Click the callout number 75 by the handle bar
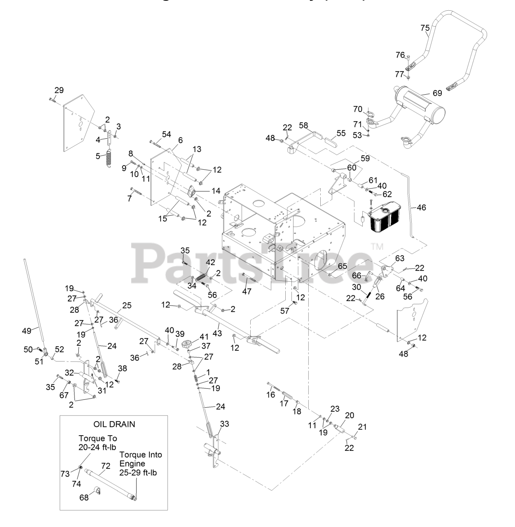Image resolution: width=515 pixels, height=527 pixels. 425,28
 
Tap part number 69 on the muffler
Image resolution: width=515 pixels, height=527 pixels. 437,93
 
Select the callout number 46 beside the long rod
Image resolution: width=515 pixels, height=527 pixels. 422,208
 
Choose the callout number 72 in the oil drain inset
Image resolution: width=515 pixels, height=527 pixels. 106,466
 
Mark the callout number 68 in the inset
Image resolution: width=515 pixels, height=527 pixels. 84,498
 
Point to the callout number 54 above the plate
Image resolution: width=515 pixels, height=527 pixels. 166,134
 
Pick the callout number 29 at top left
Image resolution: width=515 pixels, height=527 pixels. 59,90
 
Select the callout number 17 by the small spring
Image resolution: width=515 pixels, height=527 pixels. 284,403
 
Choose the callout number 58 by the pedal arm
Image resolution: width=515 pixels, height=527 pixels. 303,125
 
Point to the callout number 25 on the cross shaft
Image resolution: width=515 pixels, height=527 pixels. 127,306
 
